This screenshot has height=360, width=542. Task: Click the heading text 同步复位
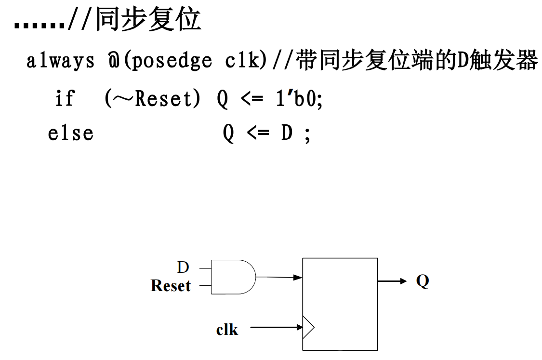(148, 20)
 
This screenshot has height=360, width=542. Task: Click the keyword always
(60, 61)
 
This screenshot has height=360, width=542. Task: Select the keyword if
(65, 99)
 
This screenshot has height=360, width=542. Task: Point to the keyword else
(70, 133)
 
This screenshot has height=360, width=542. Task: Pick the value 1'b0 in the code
(298, 99)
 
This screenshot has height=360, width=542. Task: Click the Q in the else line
(228, 133)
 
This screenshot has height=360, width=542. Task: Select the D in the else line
(287, 133)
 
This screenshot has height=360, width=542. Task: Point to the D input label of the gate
(183, 267)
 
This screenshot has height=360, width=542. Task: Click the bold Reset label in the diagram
(171, 286)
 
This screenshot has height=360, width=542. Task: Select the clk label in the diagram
(227, 330)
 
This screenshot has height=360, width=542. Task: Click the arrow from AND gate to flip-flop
(279, 277)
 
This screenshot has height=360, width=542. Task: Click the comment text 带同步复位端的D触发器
(417, 61)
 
